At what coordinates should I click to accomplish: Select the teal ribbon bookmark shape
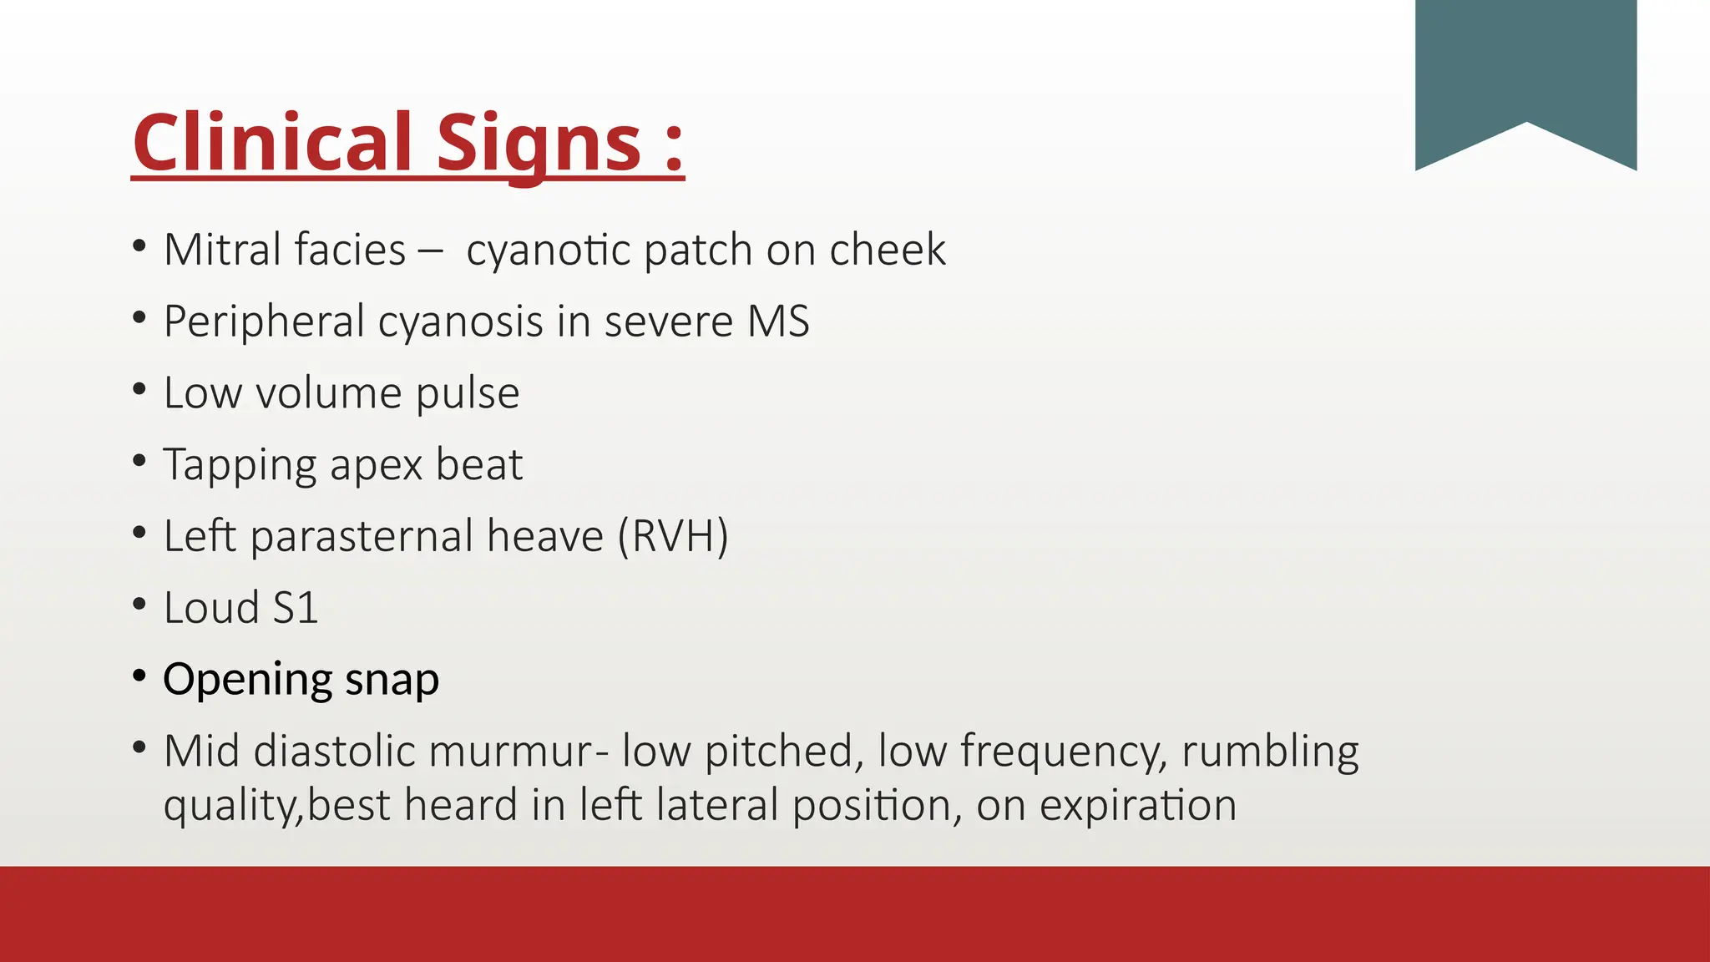coord(1525,75)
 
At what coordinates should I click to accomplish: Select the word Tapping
coord(240,465)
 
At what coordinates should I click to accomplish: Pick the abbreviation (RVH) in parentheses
coord(673,536)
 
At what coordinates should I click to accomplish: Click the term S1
coord(296,608)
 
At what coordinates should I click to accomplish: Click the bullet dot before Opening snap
coord(139,675)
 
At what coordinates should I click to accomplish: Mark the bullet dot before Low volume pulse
coord(139,388)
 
